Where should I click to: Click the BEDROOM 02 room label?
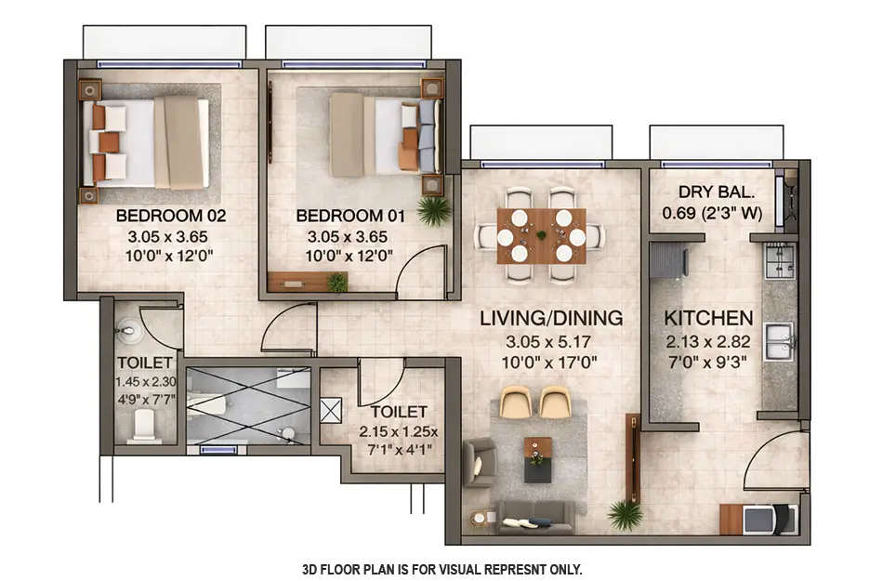point(171,216)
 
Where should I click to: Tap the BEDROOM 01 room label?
point(350,216)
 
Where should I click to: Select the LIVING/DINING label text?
point(551,318)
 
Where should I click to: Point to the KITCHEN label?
point(708,318)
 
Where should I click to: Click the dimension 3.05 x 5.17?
point(551,341)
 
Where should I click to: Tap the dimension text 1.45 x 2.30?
point(145,382)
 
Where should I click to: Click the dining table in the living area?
point(540,236)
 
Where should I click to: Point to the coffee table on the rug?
point(537,458)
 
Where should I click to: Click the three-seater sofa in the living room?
point(535,517)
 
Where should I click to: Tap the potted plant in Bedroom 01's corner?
point(433,210)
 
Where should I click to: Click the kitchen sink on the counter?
point(778,341)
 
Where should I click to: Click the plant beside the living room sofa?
point(625,512)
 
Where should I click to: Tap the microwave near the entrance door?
point(759,520)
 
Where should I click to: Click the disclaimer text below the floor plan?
point(442,568)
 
